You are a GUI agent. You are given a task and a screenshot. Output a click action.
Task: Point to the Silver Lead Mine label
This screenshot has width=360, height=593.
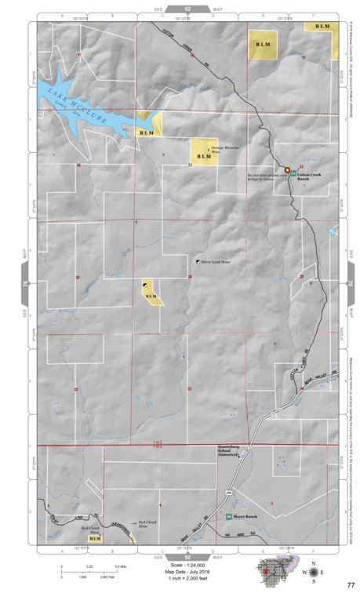pyautogui.click(x=216, y=260)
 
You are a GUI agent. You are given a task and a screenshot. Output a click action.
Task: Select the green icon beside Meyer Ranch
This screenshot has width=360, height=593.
pyautogui.click(x=230, y=517)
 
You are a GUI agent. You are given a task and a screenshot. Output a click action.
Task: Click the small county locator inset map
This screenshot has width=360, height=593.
pyautogui.click(x=275, y=571)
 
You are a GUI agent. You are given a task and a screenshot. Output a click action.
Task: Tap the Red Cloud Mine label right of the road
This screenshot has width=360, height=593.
pyautogui.click(x=148, y=523)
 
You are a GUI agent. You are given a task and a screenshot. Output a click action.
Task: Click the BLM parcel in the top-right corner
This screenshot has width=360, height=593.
pyautogui.click(x=322, y=27)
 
